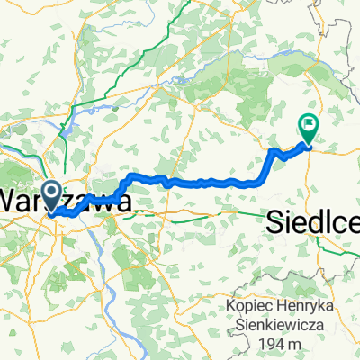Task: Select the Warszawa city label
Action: (68, 200)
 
